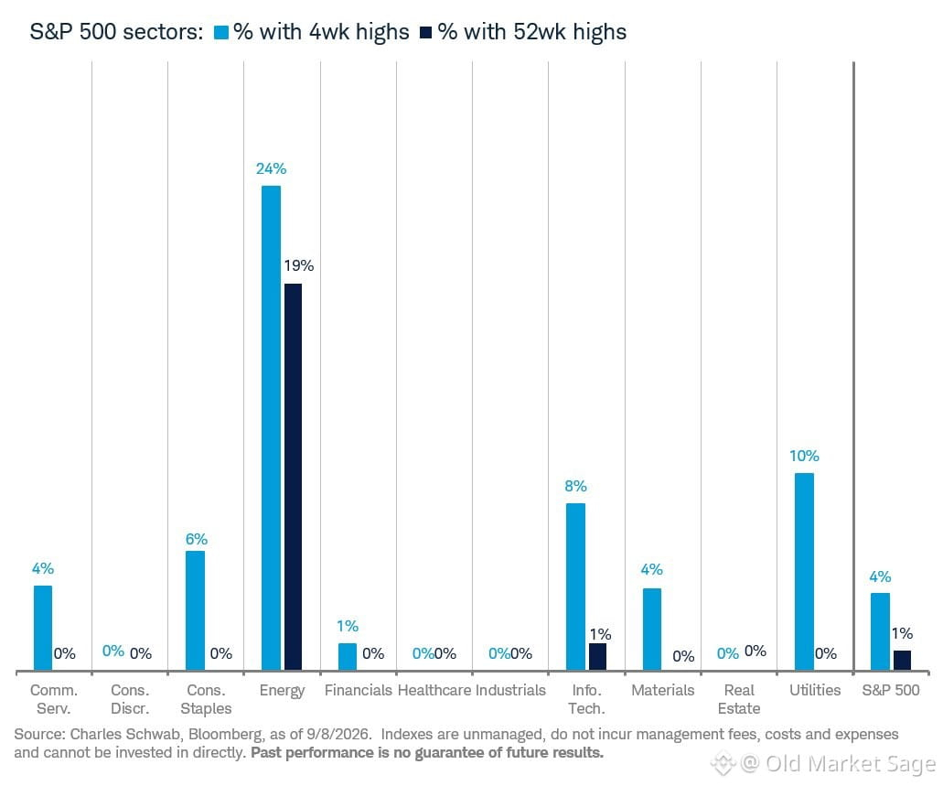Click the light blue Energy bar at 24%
(x=272, y=428)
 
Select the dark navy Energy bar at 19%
(x=293, y=477)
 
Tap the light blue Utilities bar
(x=804, y=572)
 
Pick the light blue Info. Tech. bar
(x=575, y=587)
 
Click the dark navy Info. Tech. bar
(x=598, y=657)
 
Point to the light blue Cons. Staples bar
(x=195, y=610)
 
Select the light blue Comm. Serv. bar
(x=43, y=628)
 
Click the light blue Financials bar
(x=348, y=657)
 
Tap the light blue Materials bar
(x=652, y=629)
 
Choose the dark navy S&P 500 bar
(x=902, y=661)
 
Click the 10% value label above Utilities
(x=804, y=457)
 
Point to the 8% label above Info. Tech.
(x=575, y=486)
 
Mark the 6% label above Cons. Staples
(x=196, y=539)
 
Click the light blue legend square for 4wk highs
(x=221, y=33)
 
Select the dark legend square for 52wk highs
(x=426, y=33)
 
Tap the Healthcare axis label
(x=434, y=690)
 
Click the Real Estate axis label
(x=739, y=699)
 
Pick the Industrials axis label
(x=510, y=690)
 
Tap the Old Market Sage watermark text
(x=851, y=764)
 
